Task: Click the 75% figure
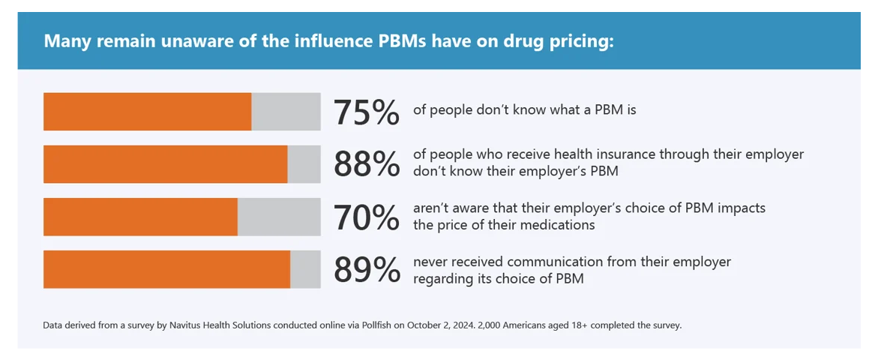click(x=366, y=112)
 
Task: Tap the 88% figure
click(x=366, y=164)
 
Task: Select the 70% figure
click(x=366, y=217)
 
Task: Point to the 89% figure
click(x=366, y=269)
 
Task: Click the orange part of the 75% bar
click(x=147, y=112)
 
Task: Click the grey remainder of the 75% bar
click(x=286, y=112)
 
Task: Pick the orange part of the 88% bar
click(x=165, y=164)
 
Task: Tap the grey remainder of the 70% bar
click(x=279, y=217)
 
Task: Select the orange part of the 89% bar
click(x=166, y=269)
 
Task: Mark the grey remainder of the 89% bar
click(x=305, y=269)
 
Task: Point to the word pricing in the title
click(x=585, y=40)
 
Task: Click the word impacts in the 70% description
click(x=741, y=208)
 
